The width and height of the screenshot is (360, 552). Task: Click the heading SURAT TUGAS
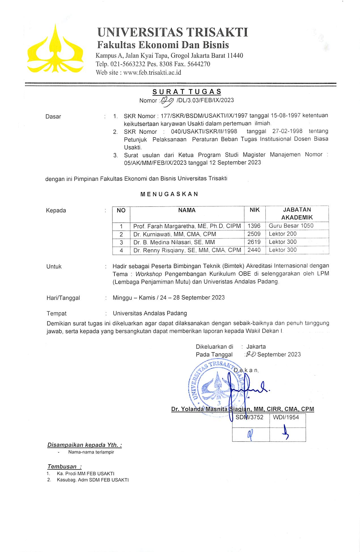tap(187, 91)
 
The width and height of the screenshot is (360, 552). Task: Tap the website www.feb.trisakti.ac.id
tap(152, 72)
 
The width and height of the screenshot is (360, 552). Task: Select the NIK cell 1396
tap(254, 226)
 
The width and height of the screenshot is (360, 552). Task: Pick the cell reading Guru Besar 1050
tap(291, 226)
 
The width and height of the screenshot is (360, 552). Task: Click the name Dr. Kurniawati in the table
tap(174, 234)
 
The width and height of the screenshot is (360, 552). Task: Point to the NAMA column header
tap(187, 210)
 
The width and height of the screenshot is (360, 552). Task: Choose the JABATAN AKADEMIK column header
tap(297, 213)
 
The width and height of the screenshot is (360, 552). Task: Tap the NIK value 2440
tap(254, 250)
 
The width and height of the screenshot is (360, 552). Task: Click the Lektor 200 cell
tap(282, 234)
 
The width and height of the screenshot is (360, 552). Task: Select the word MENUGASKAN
tap(169, 194)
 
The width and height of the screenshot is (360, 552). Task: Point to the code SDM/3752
tap(249, 417)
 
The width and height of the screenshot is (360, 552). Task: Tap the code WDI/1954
tap(286, 417)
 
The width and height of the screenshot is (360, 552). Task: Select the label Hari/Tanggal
tap(63, 298)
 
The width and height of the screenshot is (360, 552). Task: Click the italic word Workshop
tap(148, 274)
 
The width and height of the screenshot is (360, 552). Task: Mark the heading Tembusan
tap(64, 467)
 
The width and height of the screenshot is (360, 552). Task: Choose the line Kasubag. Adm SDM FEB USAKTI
tap(93, 480)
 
